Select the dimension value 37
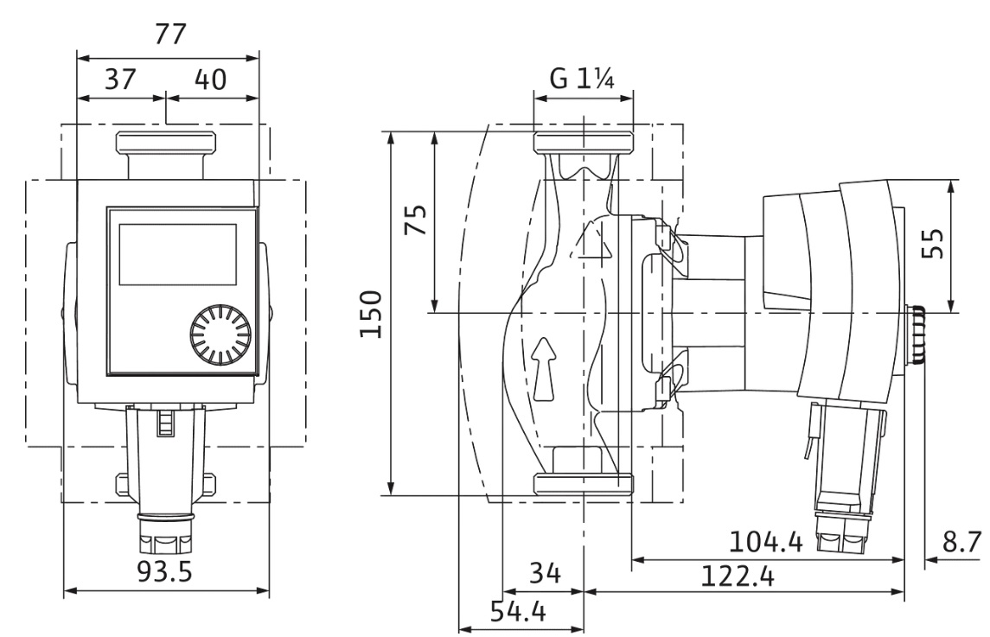click(x=120, y=80)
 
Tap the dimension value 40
click(x=210, y=80)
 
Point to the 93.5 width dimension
click(x=166, y=571)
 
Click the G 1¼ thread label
click(x=583, y=80)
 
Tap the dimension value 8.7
click(x=961, y=543)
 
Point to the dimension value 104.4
click(x=766, y=543)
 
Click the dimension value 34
click(x=545, y=572)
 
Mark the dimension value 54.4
click(x=519, y=612)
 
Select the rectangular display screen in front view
click(x=177, y=253)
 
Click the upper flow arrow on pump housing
click(x=593, y=241)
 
